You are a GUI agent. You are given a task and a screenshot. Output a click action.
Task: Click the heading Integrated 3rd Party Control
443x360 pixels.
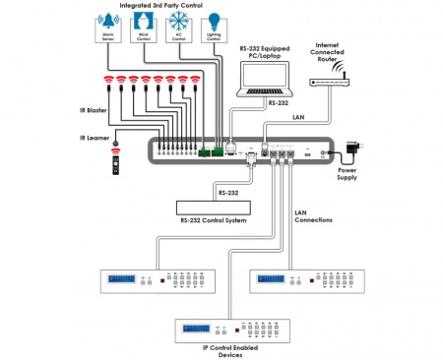[161, 6]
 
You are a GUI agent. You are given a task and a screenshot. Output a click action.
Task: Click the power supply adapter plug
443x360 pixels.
[352, 149]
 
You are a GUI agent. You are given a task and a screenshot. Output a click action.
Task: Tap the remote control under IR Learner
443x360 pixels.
[116, 164]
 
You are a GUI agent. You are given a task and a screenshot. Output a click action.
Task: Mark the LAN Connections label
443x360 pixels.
[316, 216]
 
